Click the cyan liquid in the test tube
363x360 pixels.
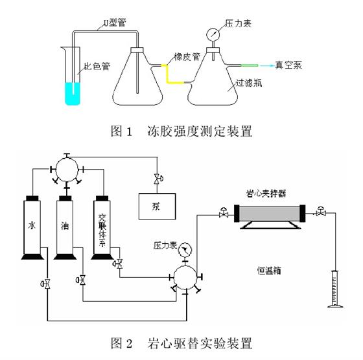point(73,94)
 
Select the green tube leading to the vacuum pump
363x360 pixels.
point(250,65)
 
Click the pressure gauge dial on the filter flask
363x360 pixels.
point(213,34)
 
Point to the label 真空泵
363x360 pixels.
point(288,65)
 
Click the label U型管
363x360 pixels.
point(115,23)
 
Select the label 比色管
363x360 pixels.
point(97,66)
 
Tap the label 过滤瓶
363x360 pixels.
point(249,83)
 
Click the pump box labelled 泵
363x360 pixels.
point(157,207)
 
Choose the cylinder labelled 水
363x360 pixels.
point(32,227)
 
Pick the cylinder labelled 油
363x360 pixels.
point(65,227)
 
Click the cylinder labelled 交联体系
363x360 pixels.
point(102,227)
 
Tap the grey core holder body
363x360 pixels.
point(270,214)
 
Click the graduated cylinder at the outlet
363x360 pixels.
point(335,289)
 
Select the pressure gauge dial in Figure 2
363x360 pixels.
point(185,249)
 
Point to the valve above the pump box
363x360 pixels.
point(158,179)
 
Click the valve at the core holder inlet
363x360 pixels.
point(224,213)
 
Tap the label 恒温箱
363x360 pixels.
point(269,270)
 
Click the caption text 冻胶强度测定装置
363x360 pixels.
point(200,131)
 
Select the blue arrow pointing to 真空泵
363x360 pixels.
point(266,65)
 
